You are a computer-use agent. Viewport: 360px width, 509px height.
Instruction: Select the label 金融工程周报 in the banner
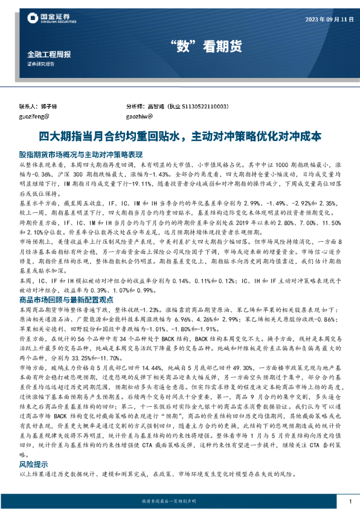pos(49,54)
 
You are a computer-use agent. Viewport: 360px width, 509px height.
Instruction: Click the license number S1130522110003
pos(207,106)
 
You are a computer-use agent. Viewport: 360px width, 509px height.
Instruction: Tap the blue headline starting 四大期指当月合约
pos(179,137)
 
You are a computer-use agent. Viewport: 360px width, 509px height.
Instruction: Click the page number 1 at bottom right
pos(350,501)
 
